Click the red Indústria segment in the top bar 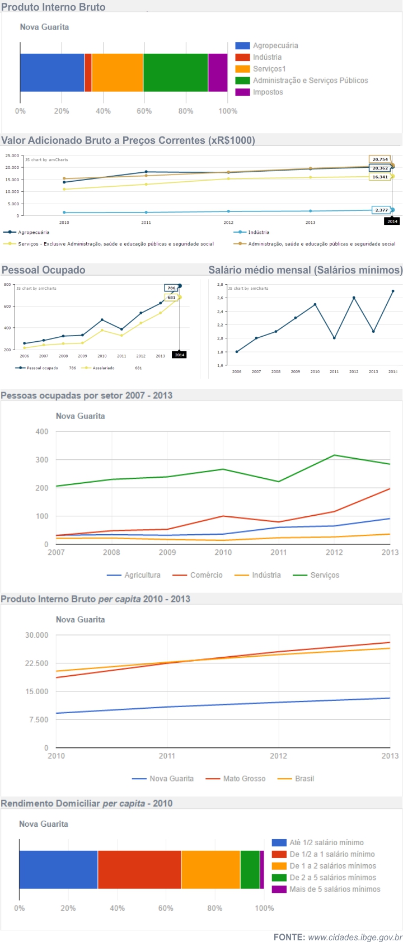click(x=88, y=73)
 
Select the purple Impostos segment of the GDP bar click(x=218, y=73)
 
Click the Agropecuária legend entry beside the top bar click(x=268, y=46)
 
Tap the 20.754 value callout click(x=380, y=159)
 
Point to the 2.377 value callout click(x=381, y=210)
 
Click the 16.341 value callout click(x=380, y=177)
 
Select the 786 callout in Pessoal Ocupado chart click(x=171, y=288)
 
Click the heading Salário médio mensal click(x=305, y=270)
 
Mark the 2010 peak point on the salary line click(x=315, y=305)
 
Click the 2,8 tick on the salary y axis click(x=220, y=285)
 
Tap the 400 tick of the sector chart click(x=42, y=432)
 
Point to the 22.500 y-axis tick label click(x=37, y=663)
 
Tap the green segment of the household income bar click(x=250, y=869)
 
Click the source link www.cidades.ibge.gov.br click(x=355, y=938)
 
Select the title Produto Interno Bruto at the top click(x=53, y=7)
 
